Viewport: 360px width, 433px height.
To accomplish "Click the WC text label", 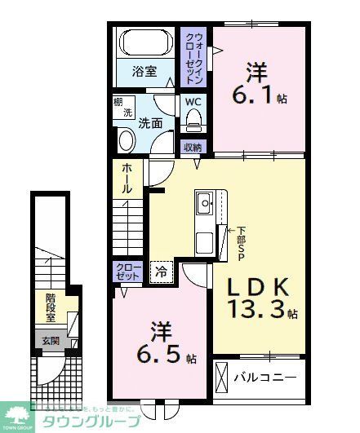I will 193,102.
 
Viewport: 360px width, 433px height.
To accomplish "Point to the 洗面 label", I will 149,125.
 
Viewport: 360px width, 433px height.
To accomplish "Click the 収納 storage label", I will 193,148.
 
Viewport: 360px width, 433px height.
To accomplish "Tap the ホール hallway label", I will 127,178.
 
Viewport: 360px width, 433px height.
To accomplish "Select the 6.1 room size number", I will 253,96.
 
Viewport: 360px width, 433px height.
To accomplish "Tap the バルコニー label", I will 262,378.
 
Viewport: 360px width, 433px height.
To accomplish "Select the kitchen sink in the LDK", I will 204,201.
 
